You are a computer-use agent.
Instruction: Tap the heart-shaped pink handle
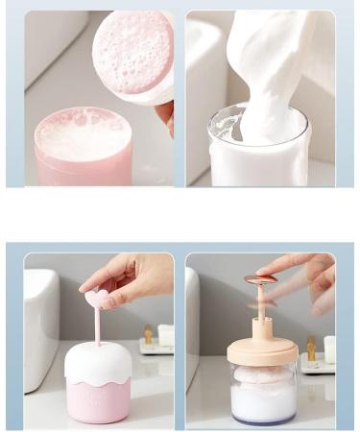96,300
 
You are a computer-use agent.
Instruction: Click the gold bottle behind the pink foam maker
149,336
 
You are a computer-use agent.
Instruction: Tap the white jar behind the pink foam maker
165,335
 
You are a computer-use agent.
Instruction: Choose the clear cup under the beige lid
262,394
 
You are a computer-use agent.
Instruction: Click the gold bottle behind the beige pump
310,348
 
